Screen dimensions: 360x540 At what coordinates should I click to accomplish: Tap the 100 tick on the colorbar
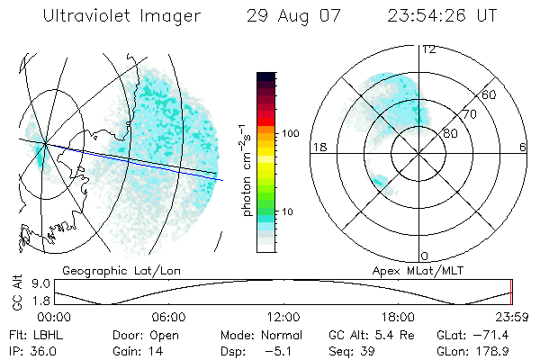tap(291, 133)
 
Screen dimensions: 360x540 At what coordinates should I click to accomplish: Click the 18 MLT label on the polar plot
tap(317, 148)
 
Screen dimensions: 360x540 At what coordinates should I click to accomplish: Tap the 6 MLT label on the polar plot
tap(523, 148)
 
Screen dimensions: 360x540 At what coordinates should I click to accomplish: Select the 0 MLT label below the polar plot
tap(425, 256)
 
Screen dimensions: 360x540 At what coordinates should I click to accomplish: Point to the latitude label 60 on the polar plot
tap(490, 94)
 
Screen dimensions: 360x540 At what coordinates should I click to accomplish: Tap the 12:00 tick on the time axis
tap(283, 318)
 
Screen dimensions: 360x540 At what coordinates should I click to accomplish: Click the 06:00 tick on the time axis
tap(168, 318)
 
